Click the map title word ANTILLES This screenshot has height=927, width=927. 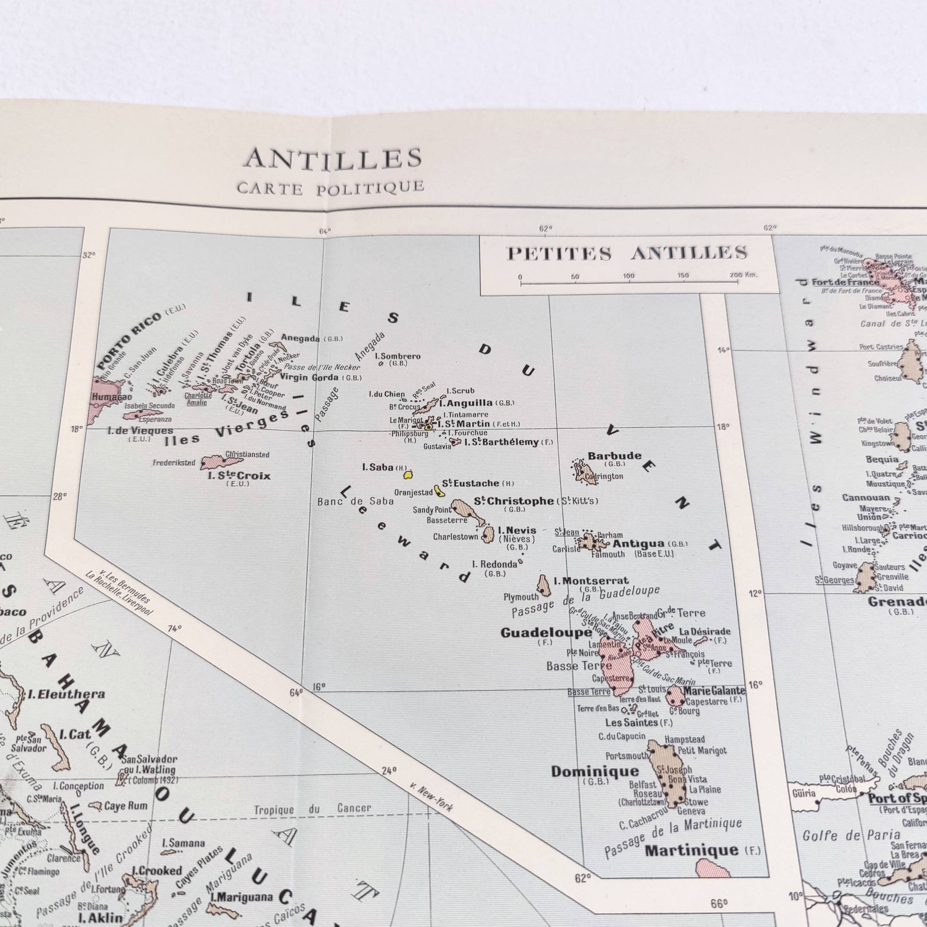click(x=333, y=159)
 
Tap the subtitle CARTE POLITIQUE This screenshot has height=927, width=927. click(x=331, y=188)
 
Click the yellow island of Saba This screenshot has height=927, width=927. click(x=408, y=475)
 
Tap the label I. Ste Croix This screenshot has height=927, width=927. click(x=239, y=476)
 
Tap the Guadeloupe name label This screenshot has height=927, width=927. click(x=546, y=633)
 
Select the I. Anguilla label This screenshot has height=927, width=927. click(x=465, y=403)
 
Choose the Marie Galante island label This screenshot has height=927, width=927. click(x=714, y=690)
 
